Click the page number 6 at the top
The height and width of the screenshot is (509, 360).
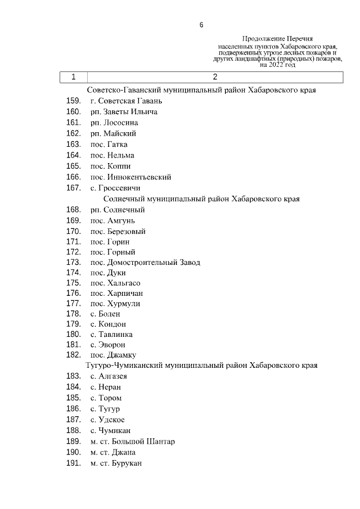201,25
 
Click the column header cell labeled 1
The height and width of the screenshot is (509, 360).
73,77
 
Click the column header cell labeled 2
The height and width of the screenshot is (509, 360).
215,77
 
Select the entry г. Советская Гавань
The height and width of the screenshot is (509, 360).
126,101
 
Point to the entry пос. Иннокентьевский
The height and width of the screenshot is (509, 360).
130,177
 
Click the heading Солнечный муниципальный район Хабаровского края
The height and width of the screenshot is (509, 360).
201,199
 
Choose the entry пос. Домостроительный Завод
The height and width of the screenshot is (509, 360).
145,263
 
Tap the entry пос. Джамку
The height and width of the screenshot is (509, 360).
113,355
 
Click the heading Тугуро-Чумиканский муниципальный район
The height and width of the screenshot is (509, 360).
201,366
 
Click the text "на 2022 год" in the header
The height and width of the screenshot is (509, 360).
277,65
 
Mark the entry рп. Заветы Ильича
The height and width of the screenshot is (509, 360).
124,112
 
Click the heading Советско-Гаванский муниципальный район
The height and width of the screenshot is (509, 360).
201,90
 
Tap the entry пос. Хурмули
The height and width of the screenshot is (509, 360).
115,304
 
